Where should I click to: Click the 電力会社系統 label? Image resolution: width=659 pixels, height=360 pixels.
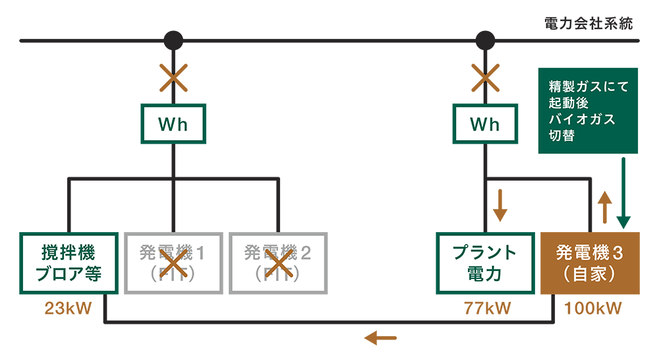click(588, 24)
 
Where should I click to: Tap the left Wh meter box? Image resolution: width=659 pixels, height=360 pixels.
click(173, 124)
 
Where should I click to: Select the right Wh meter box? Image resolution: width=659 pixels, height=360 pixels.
click(485, 124)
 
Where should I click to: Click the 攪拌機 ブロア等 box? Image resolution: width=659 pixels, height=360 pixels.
click(69, 263)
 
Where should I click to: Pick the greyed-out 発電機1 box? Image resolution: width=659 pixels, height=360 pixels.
click(173, 263)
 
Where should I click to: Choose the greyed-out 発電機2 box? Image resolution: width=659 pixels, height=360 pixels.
click(277, 263)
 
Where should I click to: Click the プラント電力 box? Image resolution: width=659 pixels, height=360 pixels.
click(485, 263)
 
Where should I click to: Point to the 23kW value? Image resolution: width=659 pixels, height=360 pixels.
click(69, 308)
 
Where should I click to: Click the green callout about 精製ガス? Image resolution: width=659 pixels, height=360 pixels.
click(588, 111)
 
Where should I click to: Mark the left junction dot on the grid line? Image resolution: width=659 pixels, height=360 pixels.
click(173, 40)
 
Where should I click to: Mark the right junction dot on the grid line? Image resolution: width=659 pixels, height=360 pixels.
click(485, 40)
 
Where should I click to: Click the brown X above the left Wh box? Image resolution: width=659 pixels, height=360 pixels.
click(173, 78)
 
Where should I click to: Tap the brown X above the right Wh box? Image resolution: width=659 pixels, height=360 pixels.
click(485, 78)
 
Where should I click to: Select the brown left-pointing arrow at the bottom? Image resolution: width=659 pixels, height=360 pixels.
click(381, 338)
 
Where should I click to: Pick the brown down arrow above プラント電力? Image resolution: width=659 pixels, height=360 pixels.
click(500, 205)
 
